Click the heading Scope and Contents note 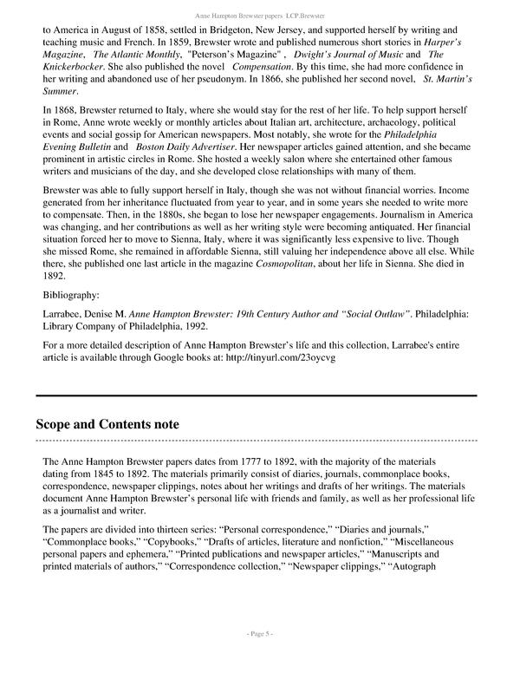(107, 424)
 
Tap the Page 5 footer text (259, 658)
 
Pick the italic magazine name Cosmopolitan (283, 276)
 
